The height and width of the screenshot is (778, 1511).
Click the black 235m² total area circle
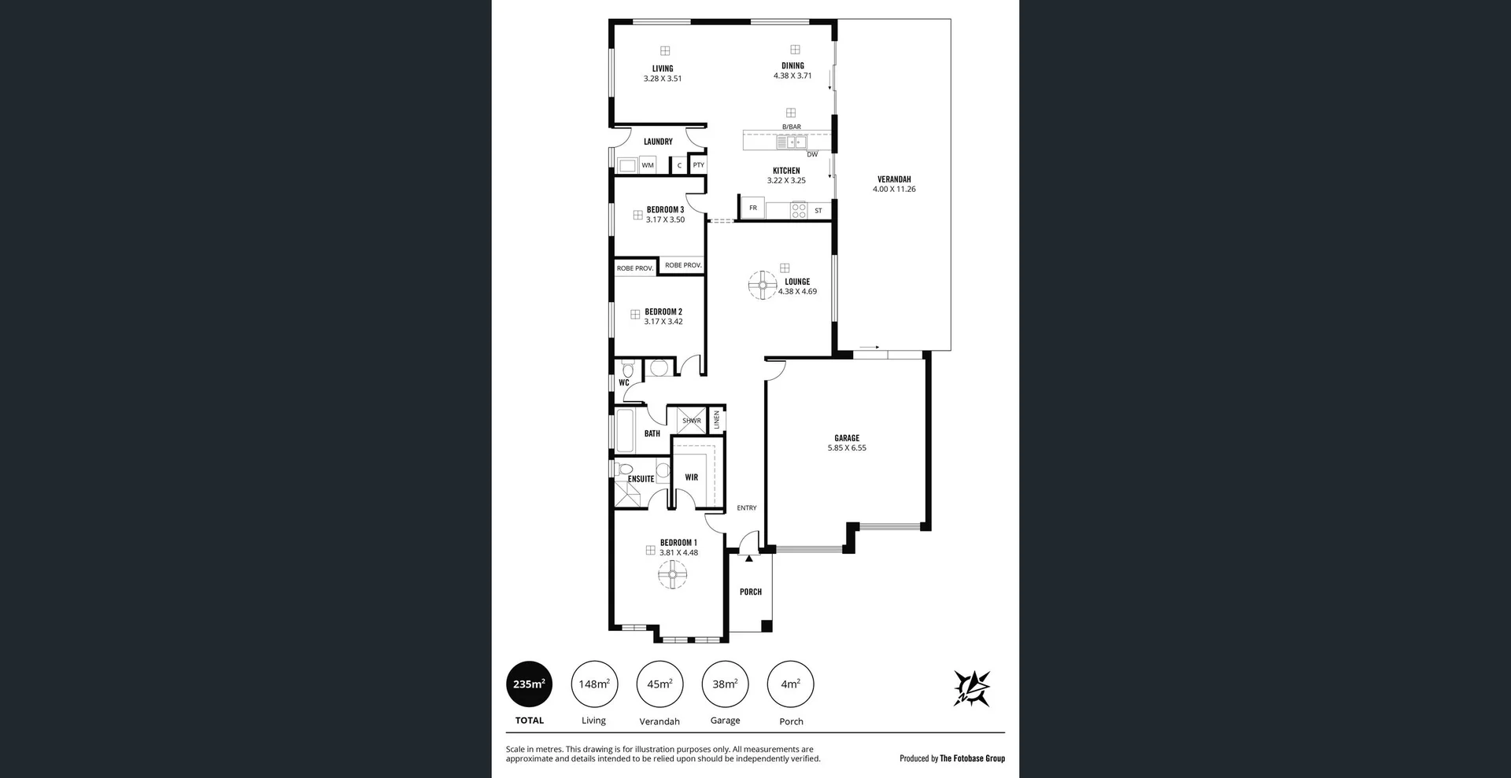click(529, 684)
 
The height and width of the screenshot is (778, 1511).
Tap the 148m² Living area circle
click(594, 684)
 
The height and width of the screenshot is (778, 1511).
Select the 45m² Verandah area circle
click(659, 684)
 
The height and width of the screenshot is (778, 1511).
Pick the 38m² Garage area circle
click(725, 684)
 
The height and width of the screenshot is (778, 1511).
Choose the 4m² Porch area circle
click(790, 684)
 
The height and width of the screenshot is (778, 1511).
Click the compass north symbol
click(972, 688)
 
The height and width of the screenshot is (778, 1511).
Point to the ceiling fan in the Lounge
click(763, 285)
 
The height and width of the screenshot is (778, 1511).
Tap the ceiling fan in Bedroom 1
click(673, 575)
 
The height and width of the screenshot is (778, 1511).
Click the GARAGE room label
click(847, 438)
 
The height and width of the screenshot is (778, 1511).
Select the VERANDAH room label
click(894, 179)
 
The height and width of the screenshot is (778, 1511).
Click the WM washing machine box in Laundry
click(648, 165)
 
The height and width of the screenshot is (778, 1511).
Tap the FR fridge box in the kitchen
click(753, 208)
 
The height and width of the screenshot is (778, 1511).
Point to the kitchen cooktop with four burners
click(799, 210)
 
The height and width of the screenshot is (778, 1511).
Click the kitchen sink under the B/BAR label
click(792, 142)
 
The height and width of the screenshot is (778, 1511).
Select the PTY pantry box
click(698, 165)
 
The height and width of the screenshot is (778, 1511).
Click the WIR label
click(691, 477)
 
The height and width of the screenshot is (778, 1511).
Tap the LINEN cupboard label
click(717, 419)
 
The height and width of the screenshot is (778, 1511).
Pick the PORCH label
click(751, 592)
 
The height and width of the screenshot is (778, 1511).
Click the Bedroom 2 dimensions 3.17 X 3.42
click(663, 322)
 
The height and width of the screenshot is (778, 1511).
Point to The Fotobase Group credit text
click(973, 758)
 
